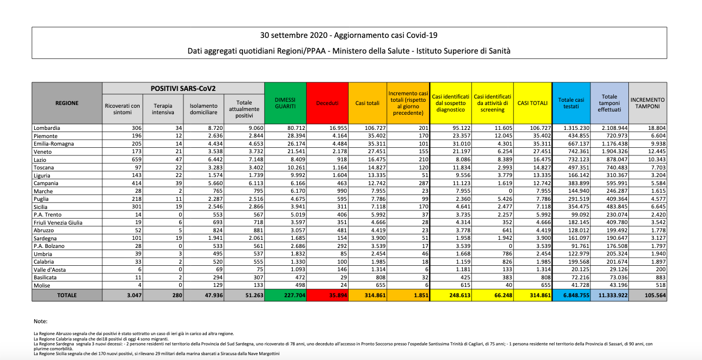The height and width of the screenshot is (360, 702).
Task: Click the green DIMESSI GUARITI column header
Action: [x=285, y=103]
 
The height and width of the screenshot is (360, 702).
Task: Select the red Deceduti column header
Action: [x=327, y=103]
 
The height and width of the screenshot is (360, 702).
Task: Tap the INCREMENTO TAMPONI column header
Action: [x=648, y=103]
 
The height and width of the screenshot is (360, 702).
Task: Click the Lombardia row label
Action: [x=47, y=128]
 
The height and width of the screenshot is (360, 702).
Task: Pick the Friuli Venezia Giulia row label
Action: [x=58, y=222]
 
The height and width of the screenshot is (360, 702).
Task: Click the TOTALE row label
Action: [x=66, y=296]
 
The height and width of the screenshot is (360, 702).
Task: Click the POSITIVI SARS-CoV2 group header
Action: [x=183, y=88]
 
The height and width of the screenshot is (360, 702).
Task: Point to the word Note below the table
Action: [x=41, y=321]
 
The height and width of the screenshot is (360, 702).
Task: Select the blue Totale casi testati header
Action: [x=571, y=103]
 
